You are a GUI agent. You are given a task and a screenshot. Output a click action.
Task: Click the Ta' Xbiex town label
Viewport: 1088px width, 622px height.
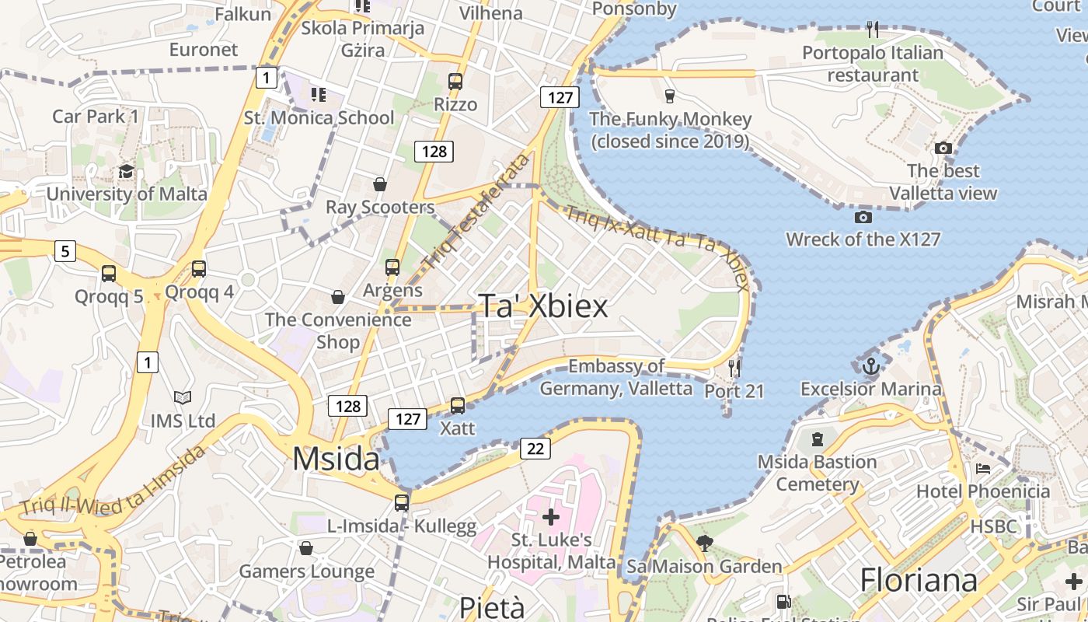coord(542,306)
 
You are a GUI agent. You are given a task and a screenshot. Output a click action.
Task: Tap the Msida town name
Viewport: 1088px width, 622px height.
coord(336,459)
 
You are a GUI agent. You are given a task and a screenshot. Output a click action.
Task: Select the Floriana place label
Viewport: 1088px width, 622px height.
coord(918,580)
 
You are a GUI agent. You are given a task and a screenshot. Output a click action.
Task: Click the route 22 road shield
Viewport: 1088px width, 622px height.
coord(535,448)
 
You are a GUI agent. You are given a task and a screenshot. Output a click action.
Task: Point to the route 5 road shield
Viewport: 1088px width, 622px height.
coord(65,251)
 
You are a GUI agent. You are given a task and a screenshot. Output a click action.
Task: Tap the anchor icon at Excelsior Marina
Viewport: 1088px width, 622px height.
coord(871,365)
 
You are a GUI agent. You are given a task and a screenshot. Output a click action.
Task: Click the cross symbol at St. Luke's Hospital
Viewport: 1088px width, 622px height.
coord(551,516)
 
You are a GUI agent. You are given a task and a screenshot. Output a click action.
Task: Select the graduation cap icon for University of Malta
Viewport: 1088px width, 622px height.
coord(126,171)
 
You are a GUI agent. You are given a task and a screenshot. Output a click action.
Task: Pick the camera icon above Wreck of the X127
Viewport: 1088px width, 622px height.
coord(863,217)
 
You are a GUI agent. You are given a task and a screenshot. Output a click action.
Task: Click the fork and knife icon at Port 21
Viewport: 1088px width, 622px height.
coord(734,367)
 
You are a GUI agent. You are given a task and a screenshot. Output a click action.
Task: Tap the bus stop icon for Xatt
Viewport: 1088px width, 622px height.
coord(458,405)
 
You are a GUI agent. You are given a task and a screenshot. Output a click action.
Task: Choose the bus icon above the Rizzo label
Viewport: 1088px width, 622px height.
coord(455,81)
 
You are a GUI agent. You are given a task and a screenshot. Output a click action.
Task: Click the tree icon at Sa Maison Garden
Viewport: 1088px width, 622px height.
coord(705,543)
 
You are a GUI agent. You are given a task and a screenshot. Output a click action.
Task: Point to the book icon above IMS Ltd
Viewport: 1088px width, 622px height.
coord(183,398)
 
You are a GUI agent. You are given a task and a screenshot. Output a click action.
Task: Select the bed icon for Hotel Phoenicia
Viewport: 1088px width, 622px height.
coord(982,469)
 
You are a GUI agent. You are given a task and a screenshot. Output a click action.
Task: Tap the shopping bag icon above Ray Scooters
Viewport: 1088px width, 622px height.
coord(380,184)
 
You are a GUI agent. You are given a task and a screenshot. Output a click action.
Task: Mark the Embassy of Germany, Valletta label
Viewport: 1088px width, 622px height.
coord(615,377)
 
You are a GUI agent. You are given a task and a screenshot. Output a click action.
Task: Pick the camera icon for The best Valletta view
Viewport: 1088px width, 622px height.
coord(943,148)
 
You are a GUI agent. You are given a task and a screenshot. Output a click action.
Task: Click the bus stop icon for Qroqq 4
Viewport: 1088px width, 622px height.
coord(199,269)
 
